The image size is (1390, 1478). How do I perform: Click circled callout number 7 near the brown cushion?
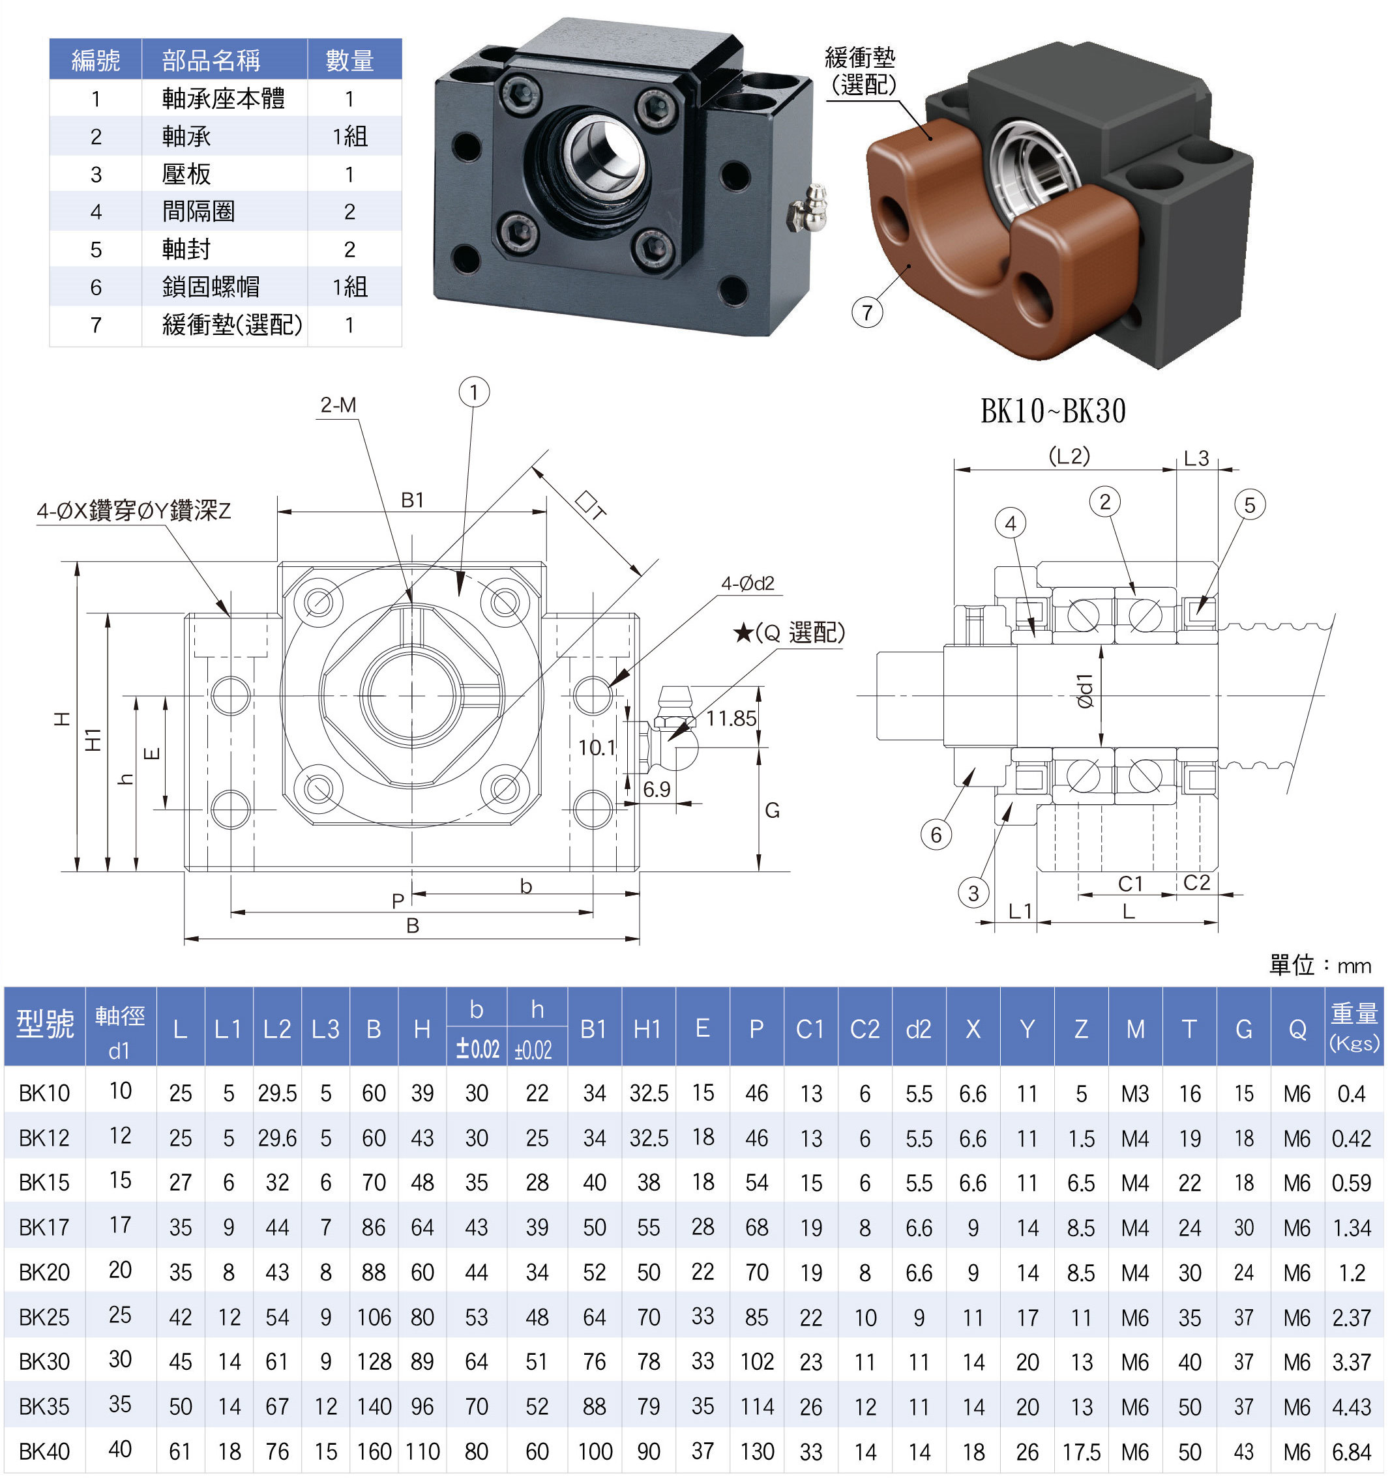867,312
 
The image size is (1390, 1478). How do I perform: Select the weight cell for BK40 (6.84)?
1352,1451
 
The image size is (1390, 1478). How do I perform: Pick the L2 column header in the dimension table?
276,1029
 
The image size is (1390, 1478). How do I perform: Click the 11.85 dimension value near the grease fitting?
730,718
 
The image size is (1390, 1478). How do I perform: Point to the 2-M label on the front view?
338,405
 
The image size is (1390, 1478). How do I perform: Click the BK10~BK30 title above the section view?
1052,411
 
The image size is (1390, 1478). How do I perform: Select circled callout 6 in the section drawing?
936,834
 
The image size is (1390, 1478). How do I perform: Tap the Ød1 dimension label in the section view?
1085,691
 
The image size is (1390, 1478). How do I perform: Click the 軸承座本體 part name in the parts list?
223,98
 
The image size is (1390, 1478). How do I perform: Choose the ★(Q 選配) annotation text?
788,633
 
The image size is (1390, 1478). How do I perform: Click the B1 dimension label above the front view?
412,500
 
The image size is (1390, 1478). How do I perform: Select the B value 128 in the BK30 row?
374,1361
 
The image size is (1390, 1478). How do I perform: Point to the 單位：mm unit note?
1320,965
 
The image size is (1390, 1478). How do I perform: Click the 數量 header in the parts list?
349,59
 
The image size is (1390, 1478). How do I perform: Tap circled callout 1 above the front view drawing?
474,392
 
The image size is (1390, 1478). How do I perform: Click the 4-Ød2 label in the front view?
747,583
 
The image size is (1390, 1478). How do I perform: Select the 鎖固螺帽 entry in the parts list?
211,286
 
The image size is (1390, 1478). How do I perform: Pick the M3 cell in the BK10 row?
1135,1094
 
